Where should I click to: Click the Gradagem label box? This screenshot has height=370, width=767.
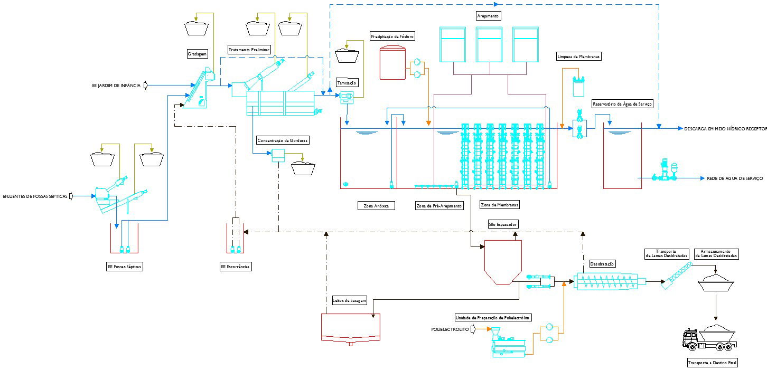198,54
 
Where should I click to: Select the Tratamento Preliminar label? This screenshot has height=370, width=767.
249,50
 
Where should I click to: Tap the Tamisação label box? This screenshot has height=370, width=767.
348,83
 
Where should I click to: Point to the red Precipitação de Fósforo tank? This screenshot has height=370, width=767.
392,63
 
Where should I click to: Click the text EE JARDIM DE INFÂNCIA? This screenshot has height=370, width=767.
116,85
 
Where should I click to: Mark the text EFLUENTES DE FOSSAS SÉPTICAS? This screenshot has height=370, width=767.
36,196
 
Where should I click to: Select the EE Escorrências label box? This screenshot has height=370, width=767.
236,267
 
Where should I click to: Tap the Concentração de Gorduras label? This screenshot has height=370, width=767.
283,140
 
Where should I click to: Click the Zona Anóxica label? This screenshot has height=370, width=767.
376,206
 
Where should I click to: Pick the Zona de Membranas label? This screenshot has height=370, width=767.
500,204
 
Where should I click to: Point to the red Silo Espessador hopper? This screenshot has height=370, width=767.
503,261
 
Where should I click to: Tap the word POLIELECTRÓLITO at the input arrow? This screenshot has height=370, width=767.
450,329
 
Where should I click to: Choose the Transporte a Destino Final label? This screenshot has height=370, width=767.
713,363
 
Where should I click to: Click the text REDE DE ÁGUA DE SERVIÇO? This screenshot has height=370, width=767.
735,179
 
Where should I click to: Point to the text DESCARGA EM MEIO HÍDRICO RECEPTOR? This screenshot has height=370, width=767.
725,129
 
